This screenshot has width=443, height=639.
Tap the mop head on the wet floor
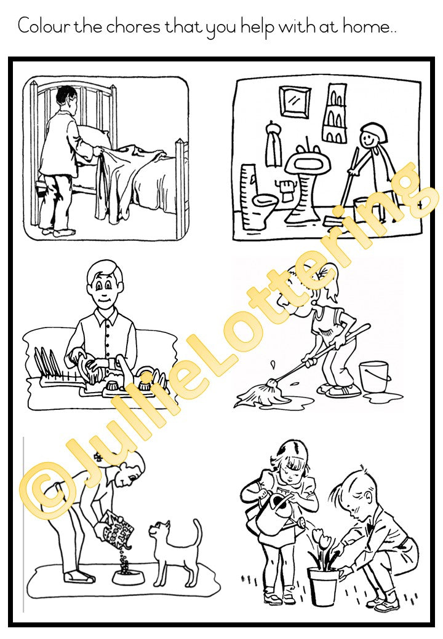[x=253, y=394]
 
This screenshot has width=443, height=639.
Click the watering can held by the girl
[x=277, y=516]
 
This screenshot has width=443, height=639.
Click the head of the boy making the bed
[x=66, y=98]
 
